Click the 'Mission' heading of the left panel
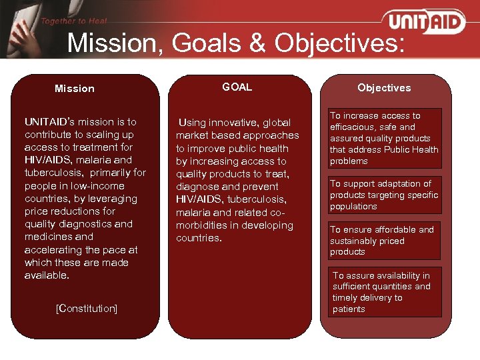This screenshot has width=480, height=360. click(x=75, y=89)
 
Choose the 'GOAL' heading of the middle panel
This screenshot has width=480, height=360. click(x=237, y=87)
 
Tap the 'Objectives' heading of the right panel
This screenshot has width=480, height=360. click(x=384, y=88)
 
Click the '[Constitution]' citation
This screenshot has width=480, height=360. click(x=87, y=308)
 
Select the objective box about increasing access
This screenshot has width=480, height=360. click(x=384, y=138)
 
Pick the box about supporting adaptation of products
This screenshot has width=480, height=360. click(x=384, y=195)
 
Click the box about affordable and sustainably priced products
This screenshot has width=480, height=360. click(x=384, y=240)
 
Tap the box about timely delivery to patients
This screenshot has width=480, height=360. click(x=384, y=292)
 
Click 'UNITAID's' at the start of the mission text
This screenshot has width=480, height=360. click(x=48, y=122)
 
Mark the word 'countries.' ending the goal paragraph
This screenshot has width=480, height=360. click(x=199, y=238)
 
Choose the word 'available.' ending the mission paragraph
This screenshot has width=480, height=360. click(x=47, y=275)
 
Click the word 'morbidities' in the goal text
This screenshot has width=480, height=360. click(x=202, y=225)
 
